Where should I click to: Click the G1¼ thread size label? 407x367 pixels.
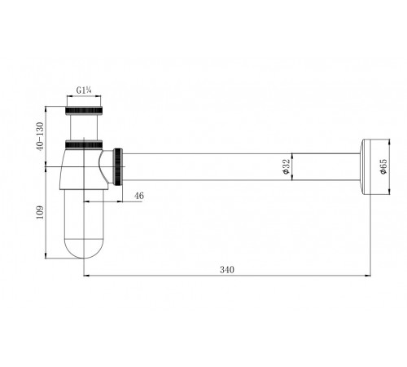click(84, 90)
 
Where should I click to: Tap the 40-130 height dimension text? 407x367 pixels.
click(40, 136)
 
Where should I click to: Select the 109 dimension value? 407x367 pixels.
click(40, 213)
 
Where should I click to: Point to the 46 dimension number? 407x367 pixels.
click(139, 196)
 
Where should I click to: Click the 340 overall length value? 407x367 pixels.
click(227, 270)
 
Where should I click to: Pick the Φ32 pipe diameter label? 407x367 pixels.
click(287, 166)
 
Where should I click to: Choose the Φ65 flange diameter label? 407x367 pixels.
click(383, 166)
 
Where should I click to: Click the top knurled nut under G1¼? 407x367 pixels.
click(84, 111)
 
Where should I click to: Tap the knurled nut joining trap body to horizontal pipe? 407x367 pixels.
click(118, 166)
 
